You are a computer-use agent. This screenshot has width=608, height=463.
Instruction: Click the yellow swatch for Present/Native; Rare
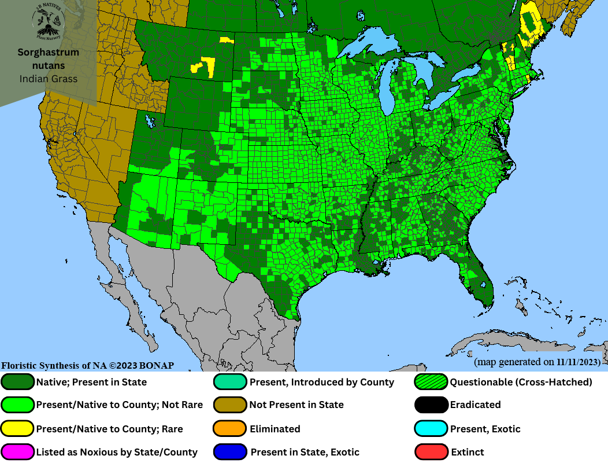[18, 429]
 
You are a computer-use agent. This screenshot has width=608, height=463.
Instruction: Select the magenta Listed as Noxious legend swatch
[18, 452]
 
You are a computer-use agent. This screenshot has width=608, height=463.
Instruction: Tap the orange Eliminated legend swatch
[231, 429]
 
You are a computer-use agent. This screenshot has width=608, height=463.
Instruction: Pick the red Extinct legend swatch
[431, 452]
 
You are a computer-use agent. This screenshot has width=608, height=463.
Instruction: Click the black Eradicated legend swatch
[431, 405]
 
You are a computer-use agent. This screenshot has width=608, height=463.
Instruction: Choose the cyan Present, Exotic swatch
[431, 429]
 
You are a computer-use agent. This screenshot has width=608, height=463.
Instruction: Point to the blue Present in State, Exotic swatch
[231, 452]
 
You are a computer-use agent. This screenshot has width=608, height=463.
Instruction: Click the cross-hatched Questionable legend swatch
[431, 382]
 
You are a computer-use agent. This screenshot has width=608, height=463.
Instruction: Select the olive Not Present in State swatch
[231, 405]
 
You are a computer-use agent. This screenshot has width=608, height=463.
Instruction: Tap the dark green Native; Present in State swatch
[18, 382]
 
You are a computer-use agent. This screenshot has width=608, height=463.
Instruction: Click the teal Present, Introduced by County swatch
[231, 382]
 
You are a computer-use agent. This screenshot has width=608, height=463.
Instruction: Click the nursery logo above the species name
[48, 21]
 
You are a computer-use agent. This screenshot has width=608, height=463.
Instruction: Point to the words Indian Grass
[48, 79]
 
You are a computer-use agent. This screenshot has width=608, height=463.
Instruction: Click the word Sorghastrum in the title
[48, 53]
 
